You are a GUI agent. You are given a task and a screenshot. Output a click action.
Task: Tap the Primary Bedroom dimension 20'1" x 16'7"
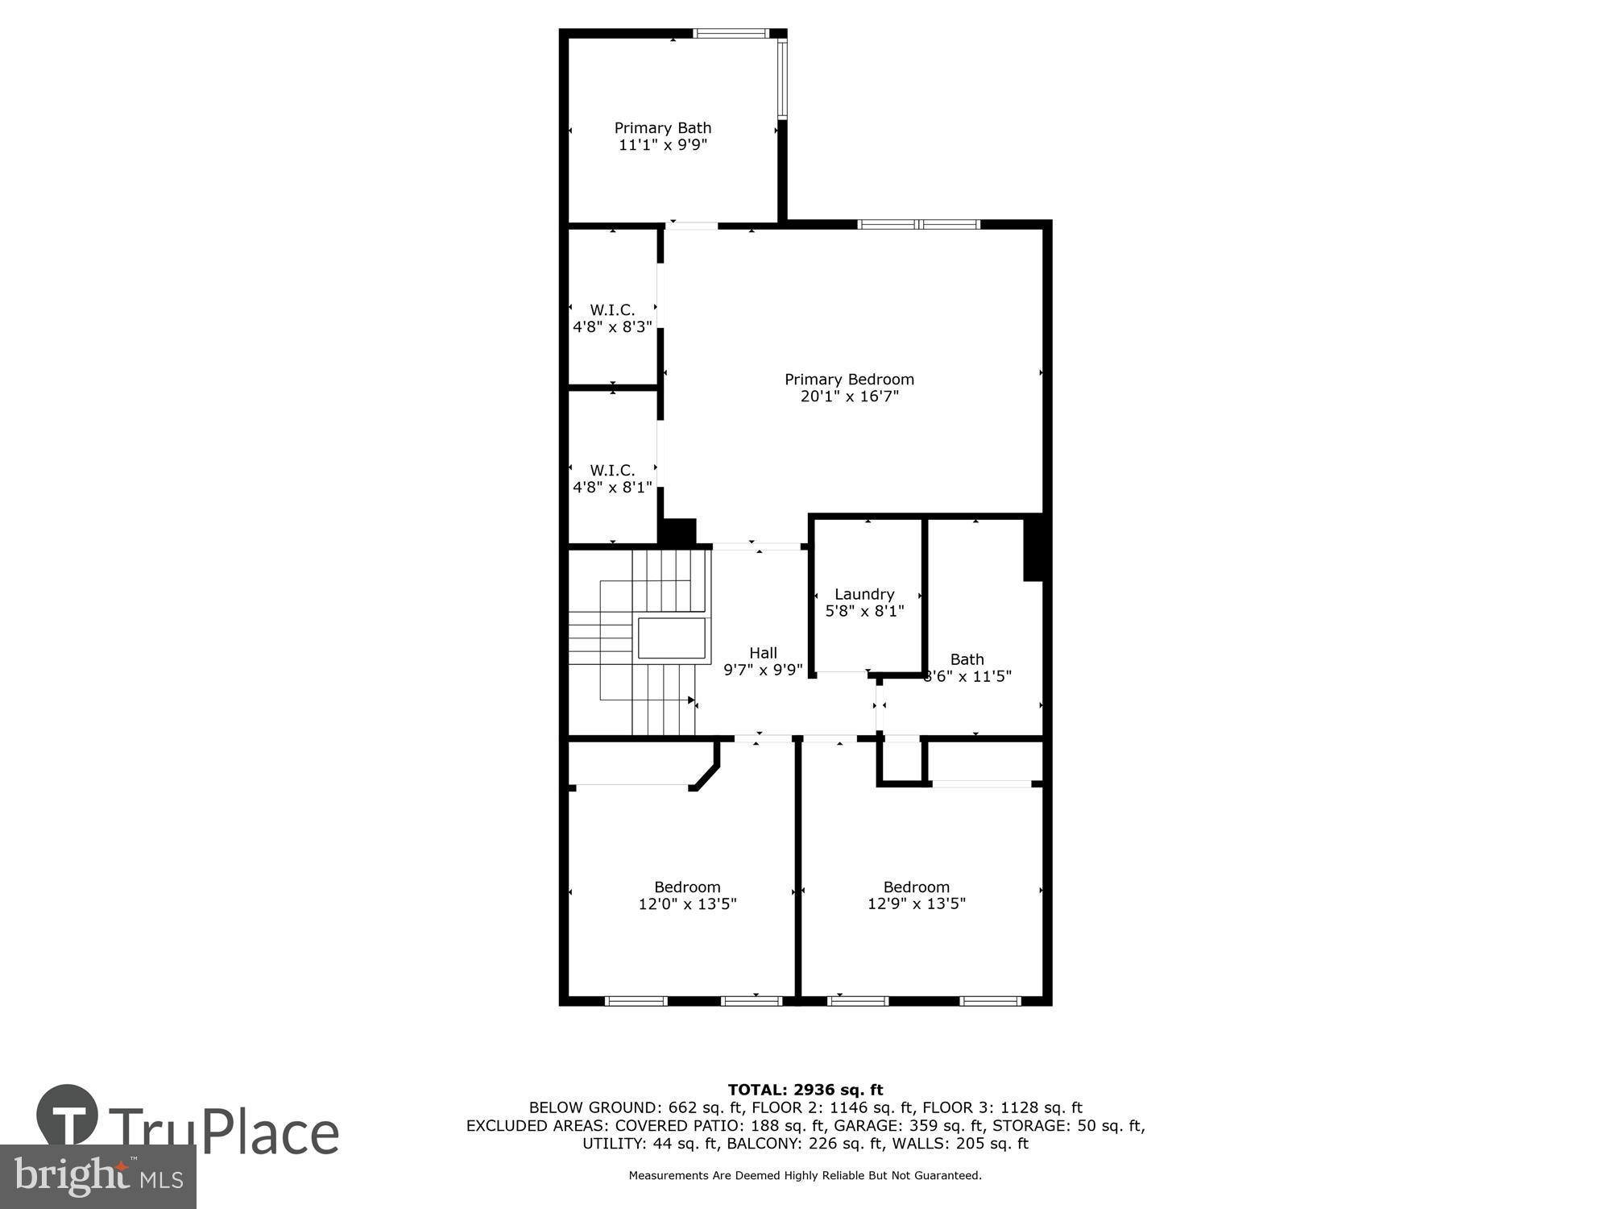pos(849,397)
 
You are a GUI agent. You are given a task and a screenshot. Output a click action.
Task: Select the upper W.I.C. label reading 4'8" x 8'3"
pos(612,318)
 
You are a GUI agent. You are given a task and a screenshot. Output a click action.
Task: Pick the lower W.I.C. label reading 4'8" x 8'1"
pos(612,479)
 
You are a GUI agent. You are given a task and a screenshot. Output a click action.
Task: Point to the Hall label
pos(763,653)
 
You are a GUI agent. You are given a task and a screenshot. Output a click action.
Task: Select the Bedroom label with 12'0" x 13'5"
pos(687,895)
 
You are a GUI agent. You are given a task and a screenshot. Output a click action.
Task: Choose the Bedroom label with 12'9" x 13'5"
pos(916,895)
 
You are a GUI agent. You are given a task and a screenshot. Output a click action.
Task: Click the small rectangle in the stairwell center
pos(672,638)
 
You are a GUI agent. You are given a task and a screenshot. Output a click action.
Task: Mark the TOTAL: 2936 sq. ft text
pos(805,1090)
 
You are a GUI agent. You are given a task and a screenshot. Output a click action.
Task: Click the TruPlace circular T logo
pos(68,1116)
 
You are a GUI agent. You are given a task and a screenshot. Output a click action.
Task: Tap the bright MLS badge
pos(98,1178)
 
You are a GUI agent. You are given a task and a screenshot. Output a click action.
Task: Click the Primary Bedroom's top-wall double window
pos(918,224)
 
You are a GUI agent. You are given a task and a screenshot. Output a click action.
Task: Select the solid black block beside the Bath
pos(1033,548)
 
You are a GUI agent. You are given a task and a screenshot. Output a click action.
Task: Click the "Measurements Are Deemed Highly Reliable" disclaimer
pos(805,1175)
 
